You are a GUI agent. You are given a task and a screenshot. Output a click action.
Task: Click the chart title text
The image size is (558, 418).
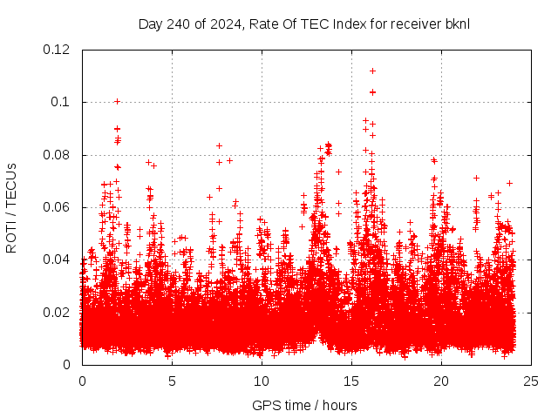point(303,24)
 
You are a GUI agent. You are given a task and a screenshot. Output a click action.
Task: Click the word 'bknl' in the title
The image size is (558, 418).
point(456,24)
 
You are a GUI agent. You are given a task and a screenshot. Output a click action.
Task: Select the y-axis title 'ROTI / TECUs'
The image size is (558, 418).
point(11,208)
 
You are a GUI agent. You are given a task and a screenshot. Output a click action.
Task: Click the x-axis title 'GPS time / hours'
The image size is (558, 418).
point(304,405)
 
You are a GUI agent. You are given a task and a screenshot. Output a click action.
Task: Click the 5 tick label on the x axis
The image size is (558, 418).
point(172,381)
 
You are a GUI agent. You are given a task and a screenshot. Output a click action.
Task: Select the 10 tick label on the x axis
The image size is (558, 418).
point(262,381)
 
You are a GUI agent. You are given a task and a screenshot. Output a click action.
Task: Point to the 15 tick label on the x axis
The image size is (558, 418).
point(351,381)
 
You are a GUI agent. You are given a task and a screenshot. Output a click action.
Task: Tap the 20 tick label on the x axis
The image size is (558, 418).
point(441,381)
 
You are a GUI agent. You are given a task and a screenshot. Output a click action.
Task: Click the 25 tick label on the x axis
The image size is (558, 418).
point(531,381)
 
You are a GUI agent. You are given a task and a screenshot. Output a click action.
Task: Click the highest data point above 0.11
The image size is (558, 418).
point(372,71)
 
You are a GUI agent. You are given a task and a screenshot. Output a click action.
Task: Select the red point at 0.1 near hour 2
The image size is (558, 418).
point(117,101)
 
